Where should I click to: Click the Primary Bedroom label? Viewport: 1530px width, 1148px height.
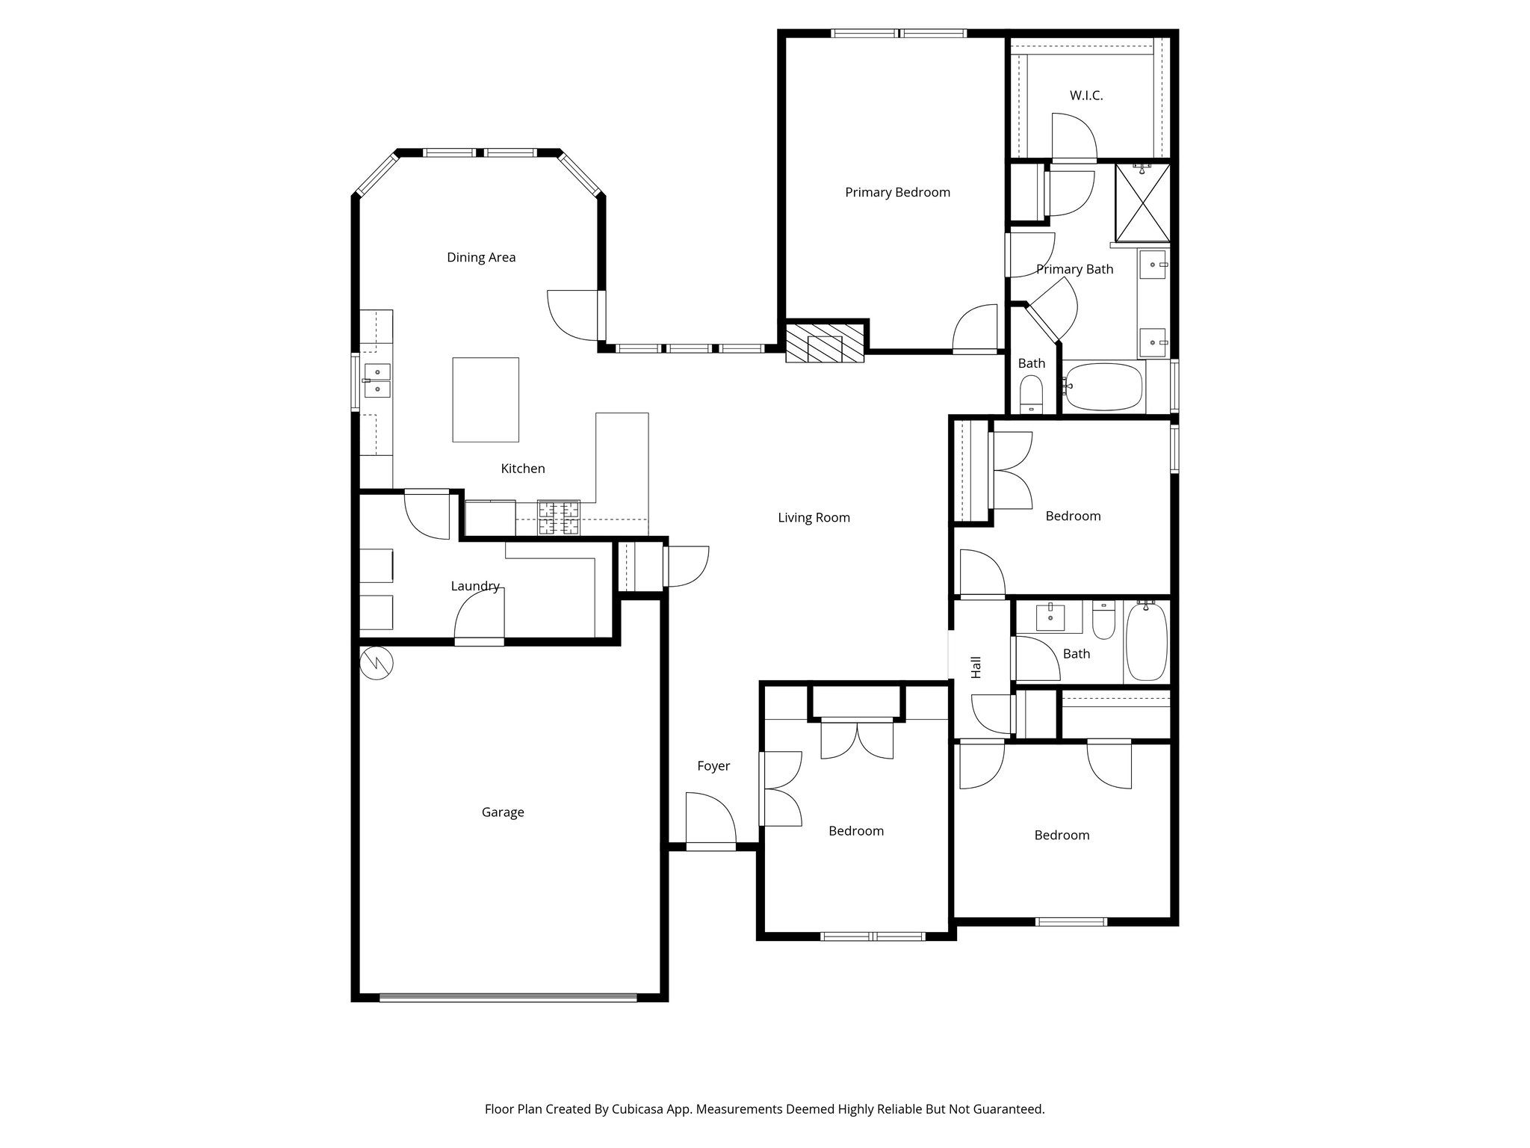pos(897,192)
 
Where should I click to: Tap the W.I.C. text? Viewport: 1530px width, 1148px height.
pos(1085,96)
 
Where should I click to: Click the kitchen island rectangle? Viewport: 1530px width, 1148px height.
pos(486,400)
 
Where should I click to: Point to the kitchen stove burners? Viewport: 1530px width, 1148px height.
pos(559,517)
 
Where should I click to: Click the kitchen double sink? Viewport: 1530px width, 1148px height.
pos(377,380)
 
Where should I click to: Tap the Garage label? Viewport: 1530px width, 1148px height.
pos(503,812)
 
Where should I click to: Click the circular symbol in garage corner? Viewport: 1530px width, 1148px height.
pos(376,662)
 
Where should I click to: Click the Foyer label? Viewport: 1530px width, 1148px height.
pos(713,766)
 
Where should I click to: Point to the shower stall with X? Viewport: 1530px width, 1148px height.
pos(1142,203)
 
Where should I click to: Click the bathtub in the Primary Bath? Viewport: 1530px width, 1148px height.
pos(1104,386)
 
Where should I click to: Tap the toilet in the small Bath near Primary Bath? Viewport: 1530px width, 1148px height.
pos(1032,393)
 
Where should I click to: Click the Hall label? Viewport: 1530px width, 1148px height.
pos(976,667)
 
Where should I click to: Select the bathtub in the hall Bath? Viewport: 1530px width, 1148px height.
pos(1146,642)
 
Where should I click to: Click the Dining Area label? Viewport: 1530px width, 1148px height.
pos(481,258)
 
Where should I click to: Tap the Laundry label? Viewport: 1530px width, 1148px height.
pos(475,587)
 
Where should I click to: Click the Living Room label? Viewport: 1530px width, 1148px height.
pos(814,518)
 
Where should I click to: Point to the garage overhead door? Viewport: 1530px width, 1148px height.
pos(508,996)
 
